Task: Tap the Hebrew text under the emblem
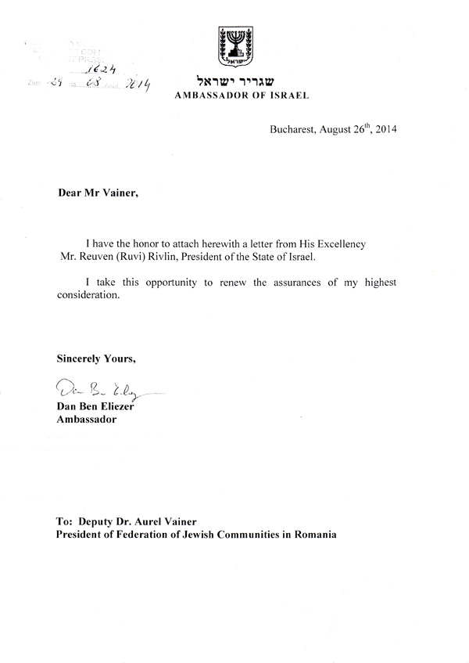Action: point(234,81)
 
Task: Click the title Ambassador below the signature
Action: point(86,420)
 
